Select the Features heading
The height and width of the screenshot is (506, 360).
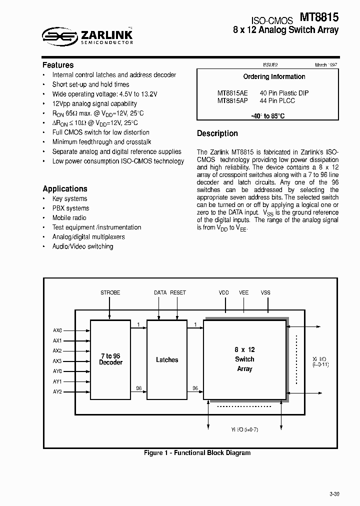[58, 65]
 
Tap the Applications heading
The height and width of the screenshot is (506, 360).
[65, 188]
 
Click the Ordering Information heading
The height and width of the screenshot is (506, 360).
[274, 76]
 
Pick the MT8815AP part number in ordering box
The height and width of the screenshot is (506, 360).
[232, 100]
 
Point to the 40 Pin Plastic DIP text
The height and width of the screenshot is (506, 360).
[284, 93]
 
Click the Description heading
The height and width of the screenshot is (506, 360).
[217, 133]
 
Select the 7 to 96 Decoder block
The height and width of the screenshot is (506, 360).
[110, 359]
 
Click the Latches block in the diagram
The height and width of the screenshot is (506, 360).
[166, 359]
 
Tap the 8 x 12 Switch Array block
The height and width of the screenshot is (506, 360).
[244, 359]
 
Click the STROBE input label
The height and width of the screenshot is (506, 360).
[110, 292]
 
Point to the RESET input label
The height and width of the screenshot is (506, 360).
[178, 292]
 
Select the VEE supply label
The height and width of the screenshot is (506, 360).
[244, 292]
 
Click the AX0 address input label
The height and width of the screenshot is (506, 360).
[57, 330]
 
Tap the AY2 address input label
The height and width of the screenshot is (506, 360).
[57, 392]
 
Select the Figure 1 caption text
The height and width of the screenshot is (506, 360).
[197, 453]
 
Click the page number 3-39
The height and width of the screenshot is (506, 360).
[334, 494]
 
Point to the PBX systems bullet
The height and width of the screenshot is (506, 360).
[70, 208]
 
